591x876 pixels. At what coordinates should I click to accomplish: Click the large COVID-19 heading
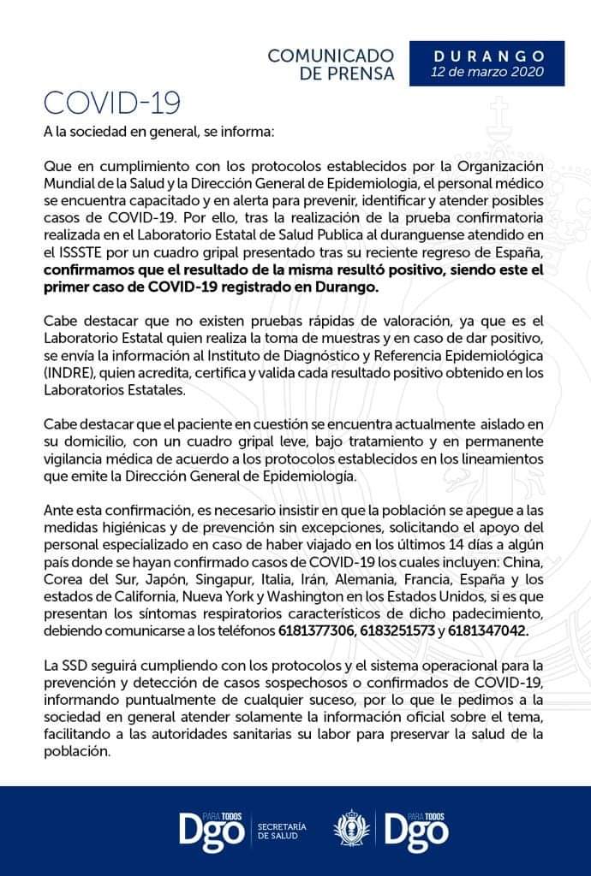click(x=111, y=103)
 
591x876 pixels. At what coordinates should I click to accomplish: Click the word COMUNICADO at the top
click(x=331, y=56)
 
